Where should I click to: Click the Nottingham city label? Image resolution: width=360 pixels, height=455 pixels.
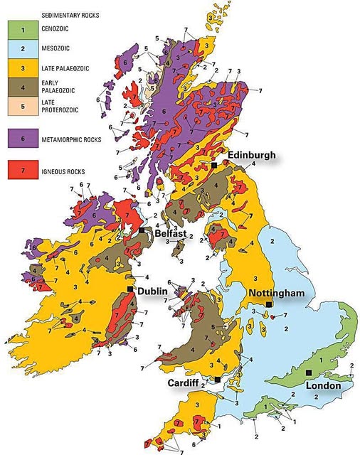277,293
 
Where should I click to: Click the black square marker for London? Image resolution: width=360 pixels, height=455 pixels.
309,373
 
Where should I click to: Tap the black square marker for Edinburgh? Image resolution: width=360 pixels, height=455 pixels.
213,165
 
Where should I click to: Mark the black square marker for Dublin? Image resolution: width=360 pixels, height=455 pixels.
129,289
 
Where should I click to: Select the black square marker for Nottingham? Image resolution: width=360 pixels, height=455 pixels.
268,304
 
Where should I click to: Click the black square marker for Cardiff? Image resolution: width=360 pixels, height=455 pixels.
217,380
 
